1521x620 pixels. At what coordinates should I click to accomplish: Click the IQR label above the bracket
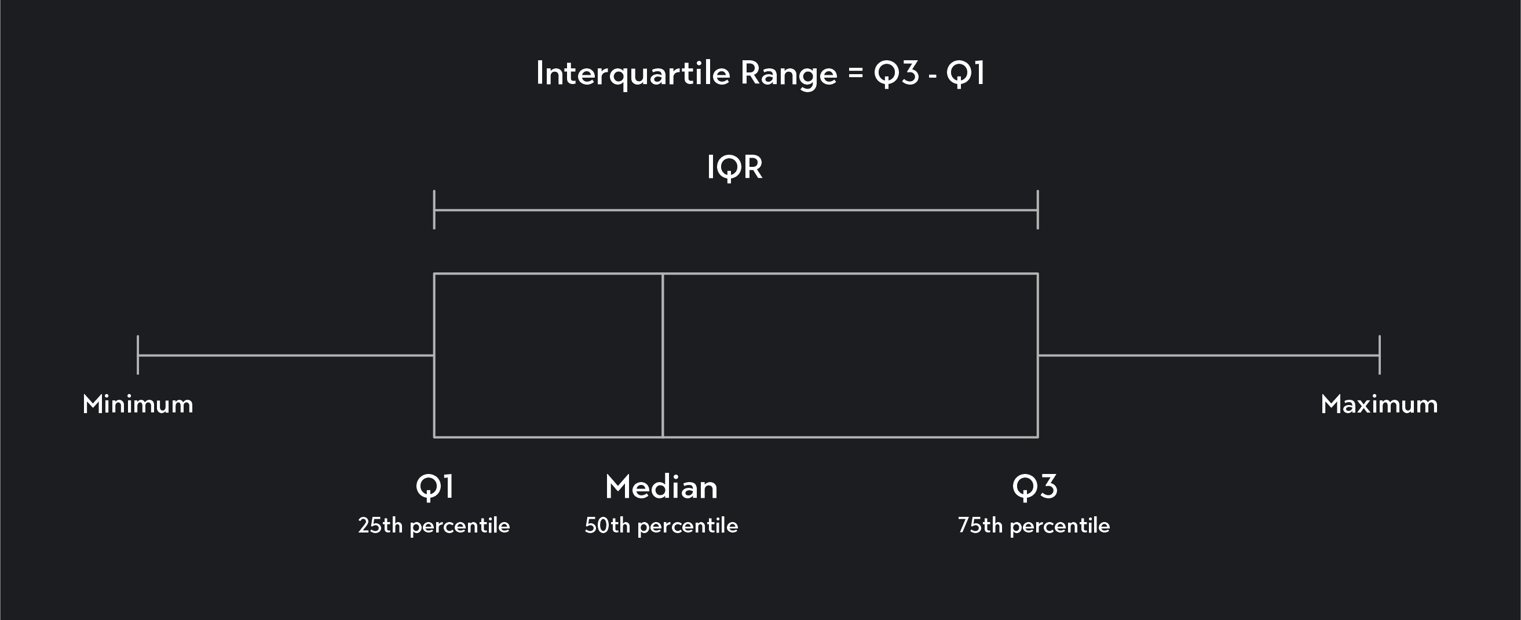[x=734, y=167]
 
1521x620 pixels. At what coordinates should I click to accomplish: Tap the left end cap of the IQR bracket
[x=434, y=210]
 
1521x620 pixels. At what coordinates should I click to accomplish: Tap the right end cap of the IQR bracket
[x=1037, y=210]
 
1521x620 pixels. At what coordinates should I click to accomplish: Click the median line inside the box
[x=663, y=355]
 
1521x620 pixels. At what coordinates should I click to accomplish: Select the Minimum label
[x=138, y=405]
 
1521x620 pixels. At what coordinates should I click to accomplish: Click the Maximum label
[x=1379, y=405]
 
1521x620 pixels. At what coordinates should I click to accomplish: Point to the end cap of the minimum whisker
[x=138, y=355]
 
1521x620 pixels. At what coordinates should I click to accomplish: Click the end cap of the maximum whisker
[x=1379, y=355]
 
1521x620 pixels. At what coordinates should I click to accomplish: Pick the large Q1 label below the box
[x=434, y=488]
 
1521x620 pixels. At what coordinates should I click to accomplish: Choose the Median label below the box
[x=661, y=488]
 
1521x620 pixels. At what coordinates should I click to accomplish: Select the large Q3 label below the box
[x=1034, y=488]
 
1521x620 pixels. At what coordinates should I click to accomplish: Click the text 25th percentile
[x=434, y=526]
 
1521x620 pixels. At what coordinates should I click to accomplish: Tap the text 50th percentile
[x=661, y=526]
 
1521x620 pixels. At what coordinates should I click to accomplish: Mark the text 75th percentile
[x=1034, y=526]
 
